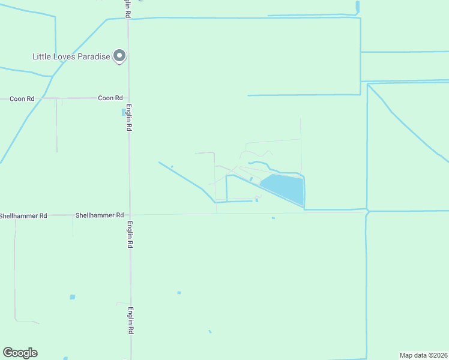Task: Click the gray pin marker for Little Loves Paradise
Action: point(119,56)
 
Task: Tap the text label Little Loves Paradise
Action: point(71,57)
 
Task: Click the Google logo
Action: point(20,353)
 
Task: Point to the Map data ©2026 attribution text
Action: point(423,355)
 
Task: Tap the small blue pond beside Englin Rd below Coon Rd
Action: point(124,112)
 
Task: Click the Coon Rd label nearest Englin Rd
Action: point(110,98)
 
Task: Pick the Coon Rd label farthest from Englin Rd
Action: point(22,98)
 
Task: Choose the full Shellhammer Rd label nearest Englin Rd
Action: point(99,215)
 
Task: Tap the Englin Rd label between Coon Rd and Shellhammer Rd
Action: point(128,119)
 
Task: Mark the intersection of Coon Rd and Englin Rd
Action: point(128,98)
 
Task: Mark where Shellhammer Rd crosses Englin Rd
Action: point(129,214)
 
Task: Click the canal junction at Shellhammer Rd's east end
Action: point(366,211)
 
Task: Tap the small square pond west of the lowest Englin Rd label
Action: point(73,297)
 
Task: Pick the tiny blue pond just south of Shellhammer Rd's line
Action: point(273,218)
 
